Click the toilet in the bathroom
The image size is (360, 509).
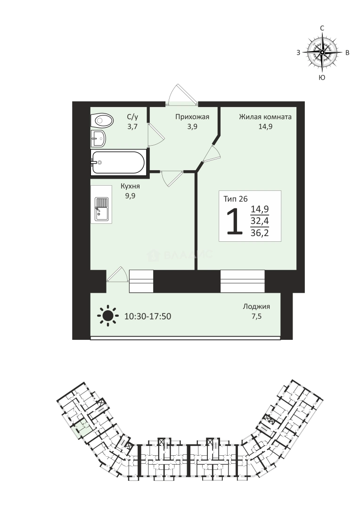tap(102, 121)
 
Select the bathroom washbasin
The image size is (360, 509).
tap(98, 139)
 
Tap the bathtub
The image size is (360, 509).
tap(118, 162)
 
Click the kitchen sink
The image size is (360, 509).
tap(102, 209)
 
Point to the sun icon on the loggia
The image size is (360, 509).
tap(108, 315)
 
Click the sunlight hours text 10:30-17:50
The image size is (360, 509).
tap(147, 316)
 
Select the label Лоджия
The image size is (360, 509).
tap(256, 306)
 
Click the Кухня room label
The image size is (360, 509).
tap(130, 186)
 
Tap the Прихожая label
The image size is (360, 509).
tap(192, 117)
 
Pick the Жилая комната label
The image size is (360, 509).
tap(265, 117)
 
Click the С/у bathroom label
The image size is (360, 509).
tap(132, 117)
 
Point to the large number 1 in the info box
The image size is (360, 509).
tap(235, 222)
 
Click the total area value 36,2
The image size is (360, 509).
tap(260, 233)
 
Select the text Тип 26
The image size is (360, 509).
tap(236, 199)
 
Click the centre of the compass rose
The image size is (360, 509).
tap(322, 52)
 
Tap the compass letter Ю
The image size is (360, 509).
tap(322, 77)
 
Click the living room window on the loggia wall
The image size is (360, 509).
tap(242, 281)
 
